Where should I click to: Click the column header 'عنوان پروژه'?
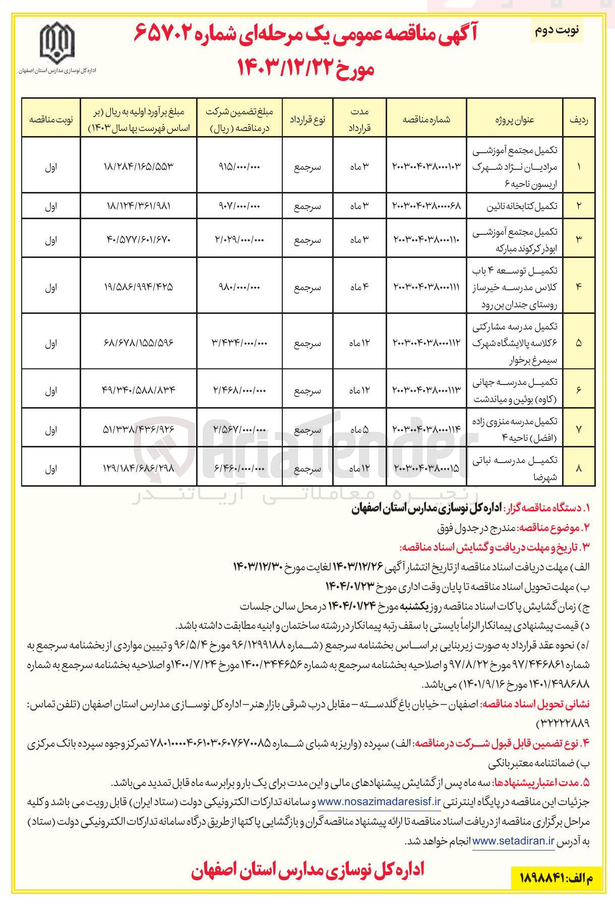514,119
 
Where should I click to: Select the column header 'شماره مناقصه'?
426,119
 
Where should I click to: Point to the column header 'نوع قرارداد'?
307,119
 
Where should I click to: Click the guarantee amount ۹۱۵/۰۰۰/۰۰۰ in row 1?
239,167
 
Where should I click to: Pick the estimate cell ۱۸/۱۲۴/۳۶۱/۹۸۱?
139,206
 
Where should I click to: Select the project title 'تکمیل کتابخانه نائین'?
521,206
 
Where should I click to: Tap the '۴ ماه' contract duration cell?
359,287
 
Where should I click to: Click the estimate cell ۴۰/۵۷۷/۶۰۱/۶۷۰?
139,240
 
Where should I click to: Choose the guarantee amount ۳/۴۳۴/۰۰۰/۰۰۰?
239,343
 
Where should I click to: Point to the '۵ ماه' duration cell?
359,430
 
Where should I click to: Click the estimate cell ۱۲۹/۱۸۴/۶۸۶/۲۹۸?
139,469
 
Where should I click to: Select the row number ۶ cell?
578,390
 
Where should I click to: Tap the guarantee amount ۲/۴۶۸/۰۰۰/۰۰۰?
239,390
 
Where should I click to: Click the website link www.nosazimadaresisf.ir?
379,802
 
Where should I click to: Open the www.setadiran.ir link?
513,841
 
